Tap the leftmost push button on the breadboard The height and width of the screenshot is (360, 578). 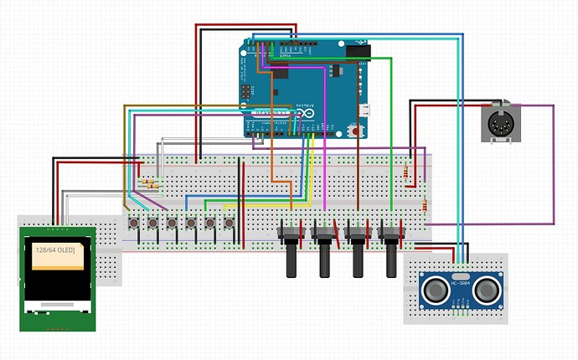pos(134,224)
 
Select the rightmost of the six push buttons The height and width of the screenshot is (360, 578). pos(228,224)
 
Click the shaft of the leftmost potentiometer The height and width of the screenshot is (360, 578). pos(292,258)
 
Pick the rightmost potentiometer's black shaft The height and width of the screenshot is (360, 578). pos(391,258)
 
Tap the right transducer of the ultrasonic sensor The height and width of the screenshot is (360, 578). pos(486,288)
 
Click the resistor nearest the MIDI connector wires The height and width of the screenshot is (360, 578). pos(408,173)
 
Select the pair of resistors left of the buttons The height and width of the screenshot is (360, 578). pos(149,183)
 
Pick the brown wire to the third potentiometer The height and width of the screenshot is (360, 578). pos(359,167)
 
